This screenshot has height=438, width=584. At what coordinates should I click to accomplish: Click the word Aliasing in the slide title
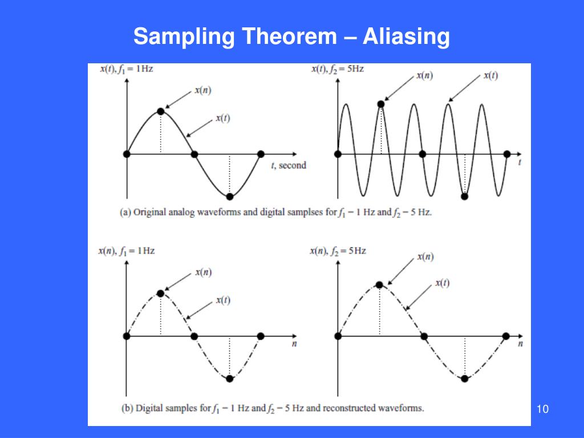[406, 38]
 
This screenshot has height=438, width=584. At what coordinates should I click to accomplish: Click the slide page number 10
[542, 409]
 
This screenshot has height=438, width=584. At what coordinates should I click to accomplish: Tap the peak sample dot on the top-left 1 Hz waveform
[160, 111]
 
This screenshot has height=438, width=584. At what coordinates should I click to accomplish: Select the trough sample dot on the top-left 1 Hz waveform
[229, 197]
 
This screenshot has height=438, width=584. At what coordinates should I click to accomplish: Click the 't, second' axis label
[289, 165]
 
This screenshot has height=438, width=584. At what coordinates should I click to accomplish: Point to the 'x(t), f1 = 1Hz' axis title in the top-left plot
[126, 69]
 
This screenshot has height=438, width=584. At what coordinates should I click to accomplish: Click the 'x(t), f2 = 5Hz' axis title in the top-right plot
[337, 69]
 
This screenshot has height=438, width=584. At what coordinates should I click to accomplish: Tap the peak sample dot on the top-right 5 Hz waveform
[381, 103]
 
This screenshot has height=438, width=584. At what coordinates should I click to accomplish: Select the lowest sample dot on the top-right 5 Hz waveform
[464, 196]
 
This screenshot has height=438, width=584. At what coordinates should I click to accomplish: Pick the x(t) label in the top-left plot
[222, 118]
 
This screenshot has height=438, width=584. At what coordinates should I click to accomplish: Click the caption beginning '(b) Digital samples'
[273, 408]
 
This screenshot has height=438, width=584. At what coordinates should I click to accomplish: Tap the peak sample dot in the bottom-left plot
[160, 293]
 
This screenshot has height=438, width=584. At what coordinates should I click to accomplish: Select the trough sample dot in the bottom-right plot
[464, 378]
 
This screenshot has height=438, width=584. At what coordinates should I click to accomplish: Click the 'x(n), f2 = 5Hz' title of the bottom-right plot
[338, 250]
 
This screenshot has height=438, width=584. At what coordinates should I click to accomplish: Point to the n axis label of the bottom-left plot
[294, 344]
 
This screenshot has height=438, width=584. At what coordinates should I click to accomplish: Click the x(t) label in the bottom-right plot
[442, 283]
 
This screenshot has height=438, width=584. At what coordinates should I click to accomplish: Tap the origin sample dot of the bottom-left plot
[127, 336]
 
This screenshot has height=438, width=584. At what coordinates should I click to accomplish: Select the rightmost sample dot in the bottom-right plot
[505, 336]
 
